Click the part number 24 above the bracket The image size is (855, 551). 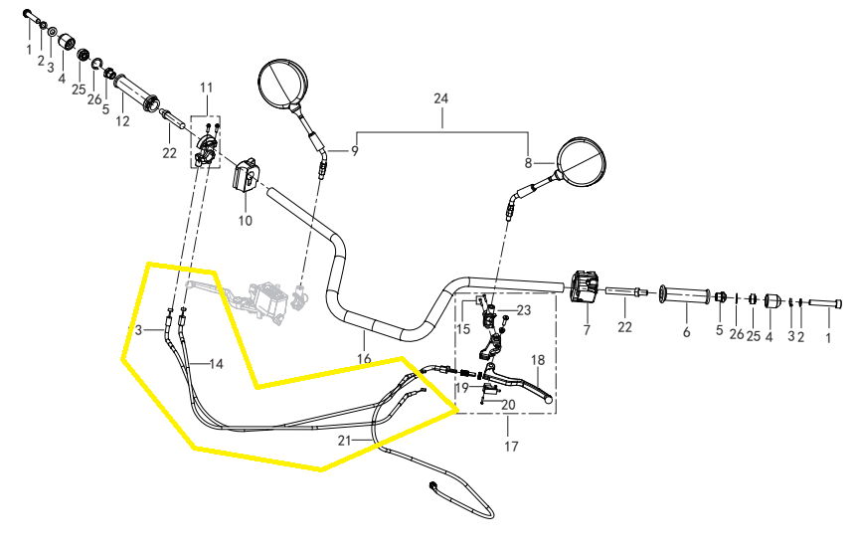pyautogui.click(x=440, y=98)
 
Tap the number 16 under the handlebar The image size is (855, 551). pyautogui.click(x=364, y=359)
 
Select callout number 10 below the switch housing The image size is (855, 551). pyautogui.click(x=246, y=221)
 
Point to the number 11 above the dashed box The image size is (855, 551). pyautogui.click(x=206, y=88)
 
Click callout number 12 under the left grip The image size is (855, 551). pyautogui.click(x=122, y=121)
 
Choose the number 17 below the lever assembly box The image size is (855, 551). pyautogui.click(x=510, y=447)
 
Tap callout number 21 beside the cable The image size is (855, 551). pyautogui.click(x=344, y=441)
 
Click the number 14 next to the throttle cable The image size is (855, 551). pyautogui.click(x=217, y=364)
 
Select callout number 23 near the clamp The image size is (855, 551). pyautogui.click(x=524, y=310)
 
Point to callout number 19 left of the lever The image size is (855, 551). pyautogui.click(x=462, y=388)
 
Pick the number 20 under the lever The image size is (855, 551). pyautogui.click(x=508, y=405)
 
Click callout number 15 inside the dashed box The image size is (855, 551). pyautogui.click(x=463, y=329)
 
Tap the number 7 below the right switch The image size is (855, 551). pyautogui.click(x=587, y=330)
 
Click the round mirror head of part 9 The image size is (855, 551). pyautogui.click(x=282, y=83)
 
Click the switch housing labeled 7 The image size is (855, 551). pyautogui.click(x=586, y=286)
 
